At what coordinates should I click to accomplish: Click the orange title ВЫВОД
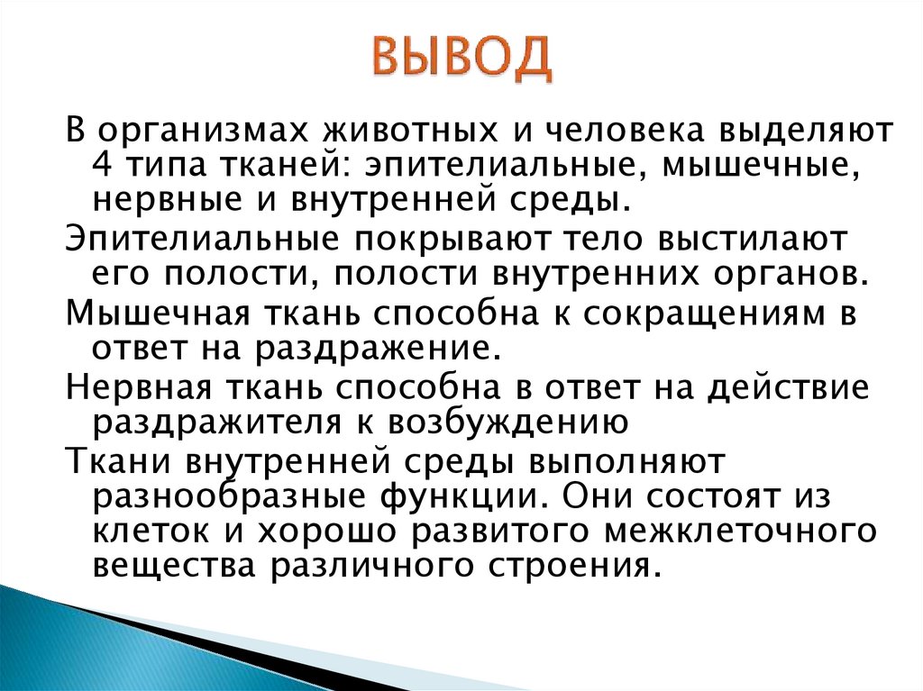coord(462,58)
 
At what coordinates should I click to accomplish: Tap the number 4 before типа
coord(102,166)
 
